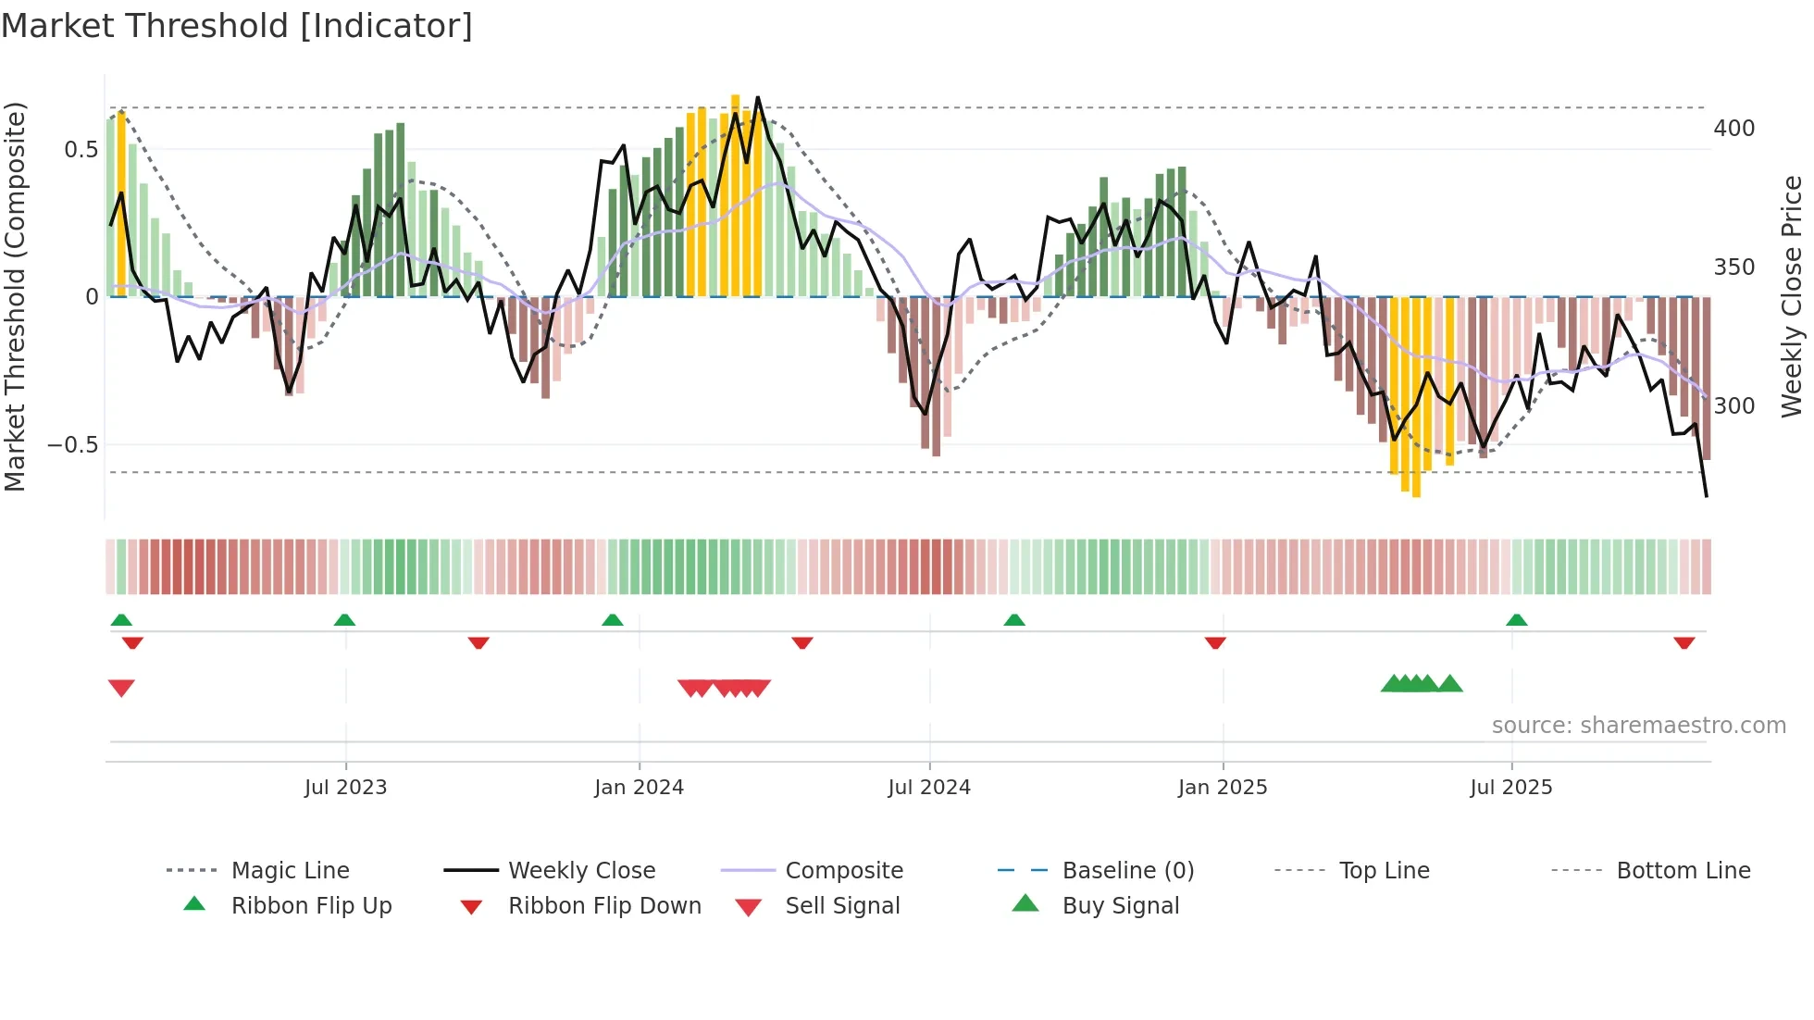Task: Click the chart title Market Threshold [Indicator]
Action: (x=237, y=25)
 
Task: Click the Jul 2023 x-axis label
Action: (x=345, y=787)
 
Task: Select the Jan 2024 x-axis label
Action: (x=639, y=787)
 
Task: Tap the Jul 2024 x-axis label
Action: (x=929, y=787)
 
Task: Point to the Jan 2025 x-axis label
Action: (x=1222, y=787)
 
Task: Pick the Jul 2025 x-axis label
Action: (x=1510, y=787)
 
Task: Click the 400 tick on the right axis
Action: (x=1733, y=128)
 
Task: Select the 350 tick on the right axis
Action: (x=1733, y=267)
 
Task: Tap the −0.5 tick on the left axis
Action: (x=72, y=444)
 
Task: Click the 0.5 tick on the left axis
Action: (x=81, y=149)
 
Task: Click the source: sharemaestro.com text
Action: (x=1638, y=725)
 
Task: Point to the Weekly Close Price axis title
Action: (x=1792, y=296)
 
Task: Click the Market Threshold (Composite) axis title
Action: (x=15, y=296)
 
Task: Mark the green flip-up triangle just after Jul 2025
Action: (x=1516, y=620)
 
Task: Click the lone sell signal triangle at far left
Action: (x=121, y=688)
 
